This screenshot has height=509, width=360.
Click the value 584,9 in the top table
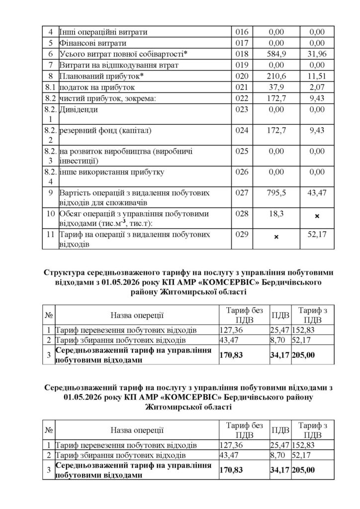click(x=276, y=54)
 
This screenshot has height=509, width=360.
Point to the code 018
click(x=241, y=54)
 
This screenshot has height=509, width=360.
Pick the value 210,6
click(x=276, y=76)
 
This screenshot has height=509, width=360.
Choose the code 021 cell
click(x=241, y=87)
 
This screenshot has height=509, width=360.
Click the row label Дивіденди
click(x=79, y=109)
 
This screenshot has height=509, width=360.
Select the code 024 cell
click(x=241, y=131)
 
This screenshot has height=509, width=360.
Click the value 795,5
click(x=276, y=192)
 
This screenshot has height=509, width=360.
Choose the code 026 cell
click(x=241, y=172)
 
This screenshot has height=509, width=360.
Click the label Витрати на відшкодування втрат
click(x=116, y=65)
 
